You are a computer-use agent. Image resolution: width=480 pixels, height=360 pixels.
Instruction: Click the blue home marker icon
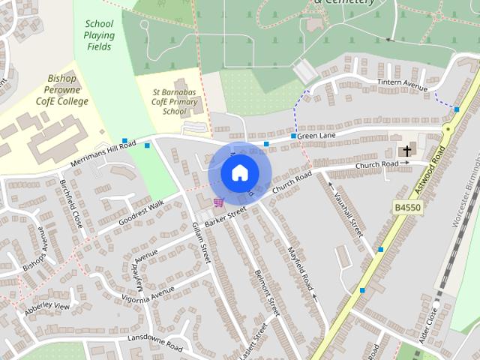click(239, 173)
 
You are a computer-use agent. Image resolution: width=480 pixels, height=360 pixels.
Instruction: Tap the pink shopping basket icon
click(218, 202)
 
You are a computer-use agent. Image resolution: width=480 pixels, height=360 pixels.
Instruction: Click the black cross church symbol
click(407, 151)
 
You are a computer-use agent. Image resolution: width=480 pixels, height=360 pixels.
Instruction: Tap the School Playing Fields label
click(99, 35)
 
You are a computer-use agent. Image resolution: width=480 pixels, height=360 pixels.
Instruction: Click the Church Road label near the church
click(376, 164)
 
